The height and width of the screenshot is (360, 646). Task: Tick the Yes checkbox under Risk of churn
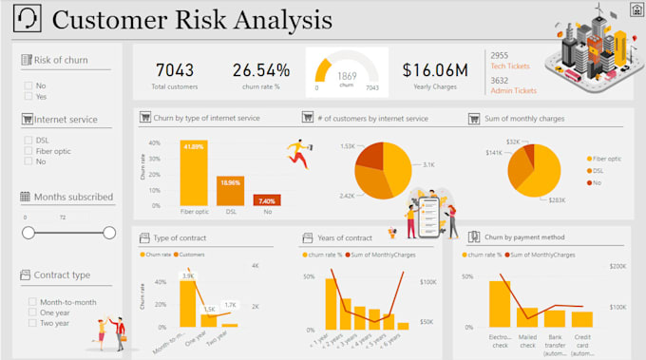[28, 97]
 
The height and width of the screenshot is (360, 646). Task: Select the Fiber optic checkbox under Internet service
[28, 150]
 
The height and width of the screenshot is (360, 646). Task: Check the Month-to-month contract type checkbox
[32, 302]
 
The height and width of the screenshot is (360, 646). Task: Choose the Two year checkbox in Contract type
[32, 323]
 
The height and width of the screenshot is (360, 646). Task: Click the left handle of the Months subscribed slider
[28, 233]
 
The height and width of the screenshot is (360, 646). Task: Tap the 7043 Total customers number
[175, 69]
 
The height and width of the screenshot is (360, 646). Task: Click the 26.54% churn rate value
[260, 69]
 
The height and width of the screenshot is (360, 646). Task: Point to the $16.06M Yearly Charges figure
[434, 69]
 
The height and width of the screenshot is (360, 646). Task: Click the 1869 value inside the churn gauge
[347, 76]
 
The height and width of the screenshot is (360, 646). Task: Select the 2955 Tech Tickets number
[500, 56]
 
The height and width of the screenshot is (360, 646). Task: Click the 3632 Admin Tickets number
[500, 80]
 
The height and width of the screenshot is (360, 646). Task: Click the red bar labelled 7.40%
[265, 200]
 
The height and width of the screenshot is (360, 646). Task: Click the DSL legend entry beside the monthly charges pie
[598, 171]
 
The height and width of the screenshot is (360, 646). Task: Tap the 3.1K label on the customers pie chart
[429, 164]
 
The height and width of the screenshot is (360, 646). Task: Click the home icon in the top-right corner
[635, 9]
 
